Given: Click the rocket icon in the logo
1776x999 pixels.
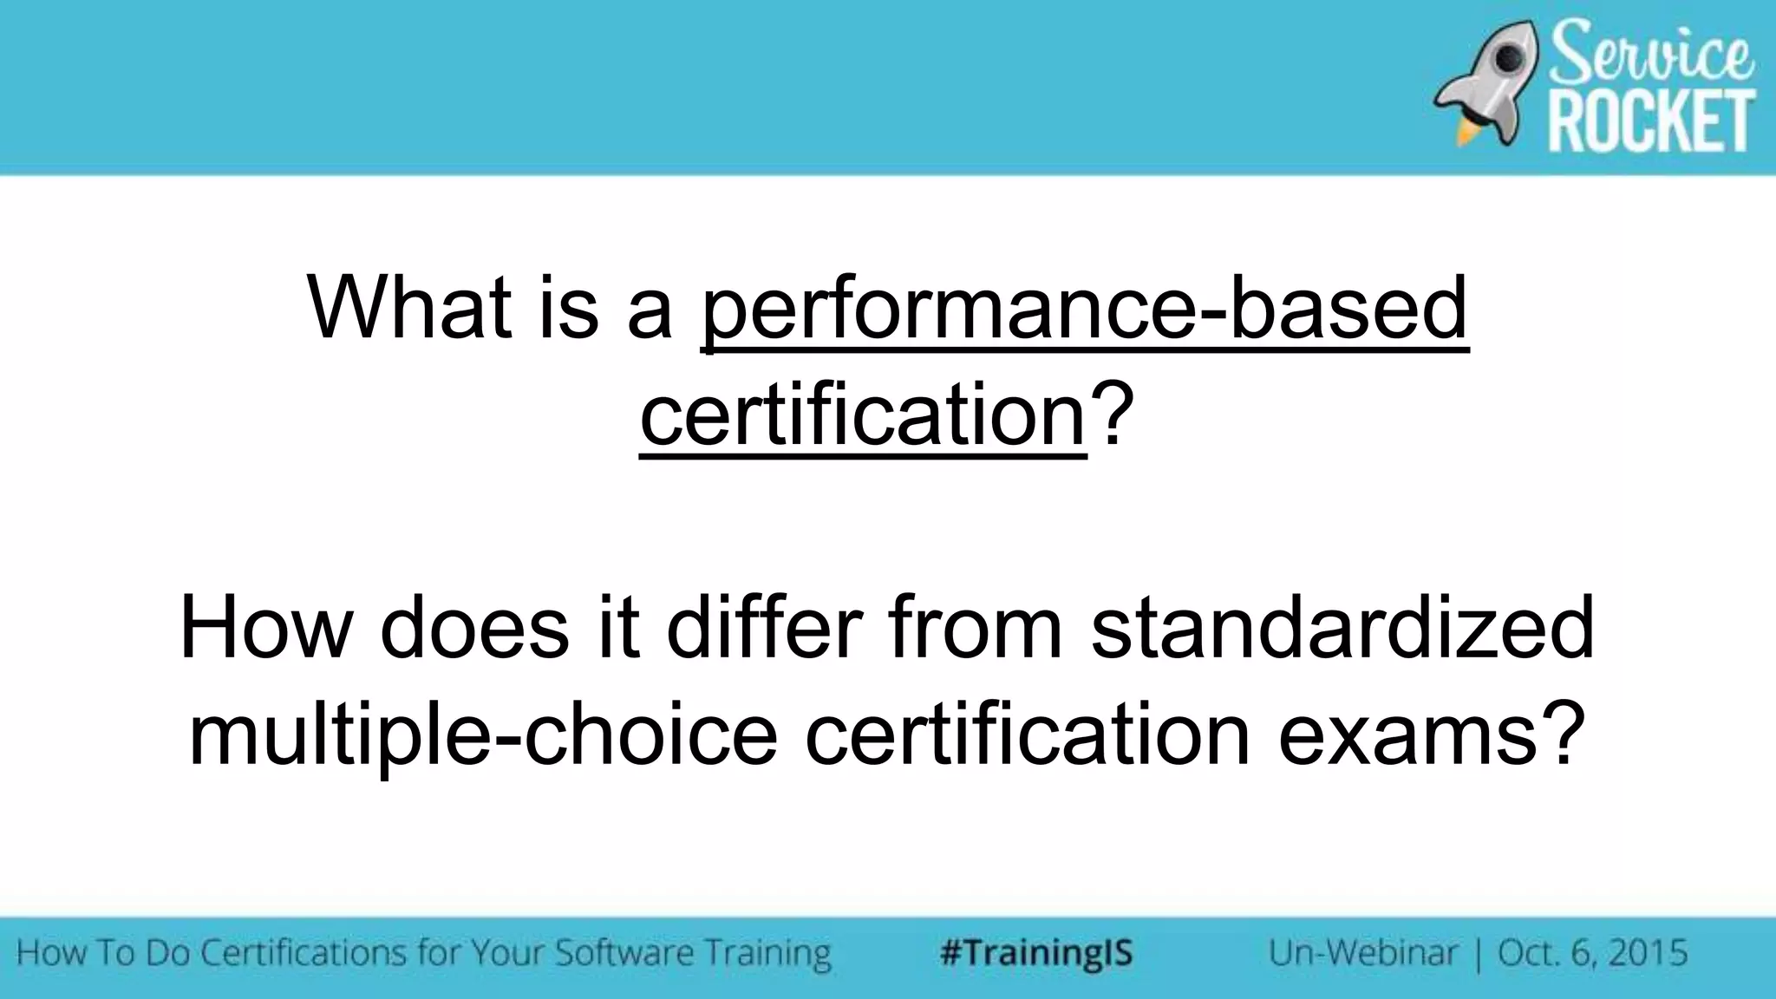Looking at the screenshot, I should (x=1490, y=83).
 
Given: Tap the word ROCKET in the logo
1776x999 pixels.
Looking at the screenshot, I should (x=1651, y=122).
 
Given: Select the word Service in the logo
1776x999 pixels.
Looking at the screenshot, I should (x=1651, y=52).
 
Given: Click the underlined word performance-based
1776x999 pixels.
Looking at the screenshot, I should (x=1084, y=308).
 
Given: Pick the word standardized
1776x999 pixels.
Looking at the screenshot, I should (x=1342, y=628).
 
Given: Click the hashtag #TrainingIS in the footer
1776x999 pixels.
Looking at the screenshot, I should (x=1036, y=953).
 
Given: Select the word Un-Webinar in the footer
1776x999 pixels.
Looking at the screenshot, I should (x=1362, y=953).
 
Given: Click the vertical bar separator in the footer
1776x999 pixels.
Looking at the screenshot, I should (x=1477, y=953).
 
